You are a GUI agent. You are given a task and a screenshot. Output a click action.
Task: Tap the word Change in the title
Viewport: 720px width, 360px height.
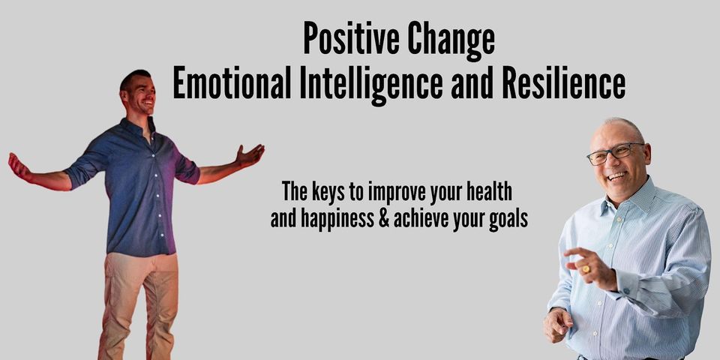(x=452, y=39)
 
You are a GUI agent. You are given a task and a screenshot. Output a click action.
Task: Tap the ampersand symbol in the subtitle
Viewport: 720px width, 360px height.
(x=400, y=220)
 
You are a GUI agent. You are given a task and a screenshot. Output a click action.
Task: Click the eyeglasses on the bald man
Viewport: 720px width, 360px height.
(x=613, y=152)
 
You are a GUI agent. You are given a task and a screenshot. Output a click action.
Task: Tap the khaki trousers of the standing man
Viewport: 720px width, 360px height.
(x=139, y=300)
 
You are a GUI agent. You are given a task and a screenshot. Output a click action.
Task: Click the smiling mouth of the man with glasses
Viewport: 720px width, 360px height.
(x=618, y=175)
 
